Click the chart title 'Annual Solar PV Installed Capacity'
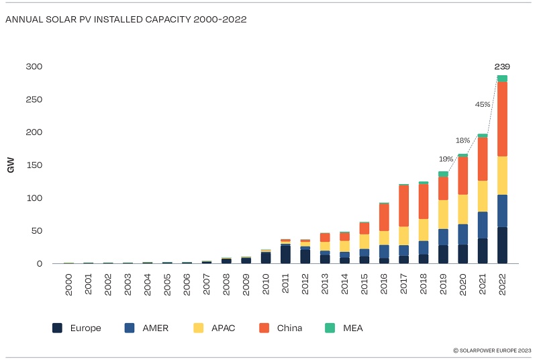tap(126, 19)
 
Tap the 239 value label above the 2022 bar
tap(502, 66)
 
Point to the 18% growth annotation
tap(463, 140)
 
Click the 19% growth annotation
tap(446, 159)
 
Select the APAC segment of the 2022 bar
tap(502, 175)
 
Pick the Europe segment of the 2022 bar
tap(502, 245)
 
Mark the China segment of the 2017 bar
tap(403, 206)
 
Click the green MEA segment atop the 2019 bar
tap(443, 174)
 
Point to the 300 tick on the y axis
tap(34, 67)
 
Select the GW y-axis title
tap(11, 165)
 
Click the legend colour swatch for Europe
tap(57, 328)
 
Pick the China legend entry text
tap(289, 328)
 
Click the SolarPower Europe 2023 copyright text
tap(492, 350)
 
